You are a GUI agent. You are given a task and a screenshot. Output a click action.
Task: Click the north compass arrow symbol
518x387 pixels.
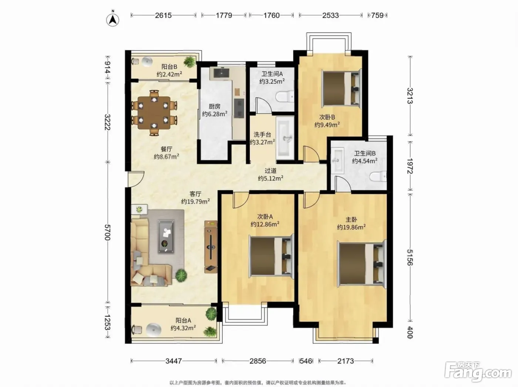pos(113,19)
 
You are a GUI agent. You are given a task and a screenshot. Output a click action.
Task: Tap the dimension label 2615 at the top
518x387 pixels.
pos(163,15)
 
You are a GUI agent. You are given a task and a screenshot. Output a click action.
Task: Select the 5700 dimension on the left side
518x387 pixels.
pos(107,232)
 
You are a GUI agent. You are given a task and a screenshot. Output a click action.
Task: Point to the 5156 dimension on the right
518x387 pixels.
pos(410,257)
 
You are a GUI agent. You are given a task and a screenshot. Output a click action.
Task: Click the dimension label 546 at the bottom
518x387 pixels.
pos(306,361)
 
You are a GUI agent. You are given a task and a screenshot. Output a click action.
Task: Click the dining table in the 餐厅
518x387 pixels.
pos(154,112)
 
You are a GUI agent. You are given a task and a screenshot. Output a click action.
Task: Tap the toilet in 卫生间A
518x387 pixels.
pos(285,96)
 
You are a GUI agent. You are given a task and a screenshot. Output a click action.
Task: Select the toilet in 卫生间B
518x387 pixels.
pos(378,177)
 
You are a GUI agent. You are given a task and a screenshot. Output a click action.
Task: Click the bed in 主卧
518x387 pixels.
pos(362,264)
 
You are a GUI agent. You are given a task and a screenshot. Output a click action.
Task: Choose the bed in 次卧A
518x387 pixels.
pos(271,257)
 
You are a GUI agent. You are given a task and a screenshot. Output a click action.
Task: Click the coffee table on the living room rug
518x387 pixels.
pos(166,237)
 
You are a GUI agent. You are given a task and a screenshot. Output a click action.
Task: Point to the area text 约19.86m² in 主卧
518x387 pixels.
pos(351,227)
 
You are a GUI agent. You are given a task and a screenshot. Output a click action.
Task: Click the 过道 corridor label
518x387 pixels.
pos(270,171)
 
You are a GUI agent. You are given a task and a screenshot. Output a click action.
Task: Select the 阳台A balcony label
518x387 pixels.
pos(183,320)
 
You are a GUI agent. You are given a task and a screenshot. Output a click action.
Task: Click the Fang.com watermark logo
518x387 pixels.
pos(478,373)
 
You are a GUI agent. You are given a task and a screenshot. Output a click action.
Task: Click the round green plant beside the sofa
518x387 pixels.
pos(181,275)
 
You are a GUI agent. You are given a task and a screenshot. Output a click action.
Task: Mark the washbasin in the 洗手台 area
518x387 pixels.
pos(285,138)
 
